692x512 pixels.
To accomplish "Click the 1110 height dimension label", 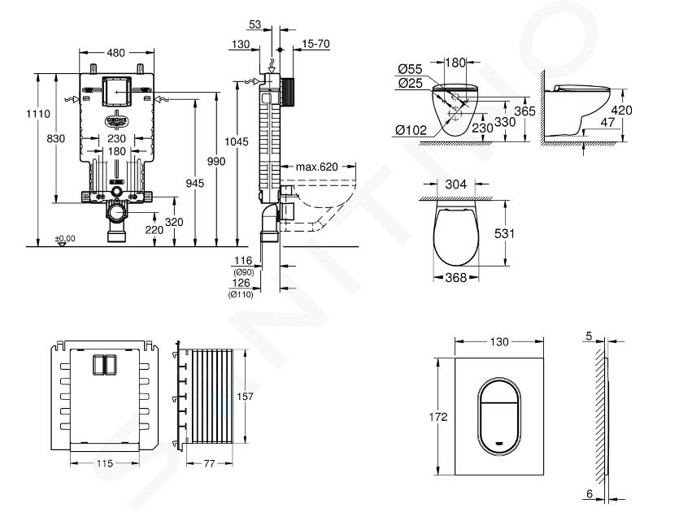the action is point(38,113).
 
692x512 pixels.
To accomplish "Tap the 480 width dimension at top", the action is point(116,53).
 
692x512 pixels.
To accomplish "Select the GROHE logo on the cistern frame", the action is point(116,120).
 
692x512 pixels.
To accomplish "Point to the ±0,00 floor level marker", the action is point(65,239).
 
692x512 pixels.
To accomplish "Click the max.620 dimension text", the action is point(317,167).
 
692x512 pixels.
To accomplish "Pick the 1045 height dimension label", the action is point(237,141).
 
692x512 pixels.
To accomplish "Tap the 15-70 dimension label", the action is point(316,44).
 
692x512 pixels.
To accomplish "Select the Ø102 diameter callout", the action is point(411,130).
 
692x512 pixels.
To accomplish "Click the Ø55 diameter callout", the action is point(410,69).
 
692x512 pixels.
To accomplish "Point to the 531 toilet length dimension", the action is point(504,233).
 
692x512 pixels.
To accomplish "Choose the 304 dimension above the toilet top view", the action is point(455,184).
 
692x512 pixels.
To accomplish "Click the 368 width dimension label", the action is point(455,277).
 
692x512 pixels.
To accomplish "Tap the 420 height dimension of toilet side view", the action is point(622,110).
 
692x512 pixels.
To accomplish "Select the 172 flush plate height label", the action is point(437,416).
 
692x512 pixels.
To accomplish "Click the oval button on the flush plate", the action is point(499,416).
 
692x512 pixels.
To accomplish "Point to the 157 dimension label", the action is point(245,397).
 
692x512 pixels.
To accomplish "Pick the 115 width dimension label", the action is point(105,463).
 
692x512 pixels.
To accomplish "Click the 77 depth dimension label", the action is point(209,463).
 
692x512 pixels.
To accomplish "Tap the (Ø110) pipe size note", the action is point(241,294).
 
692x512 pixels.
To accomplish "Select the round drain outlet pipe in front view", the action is point(117,214).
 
